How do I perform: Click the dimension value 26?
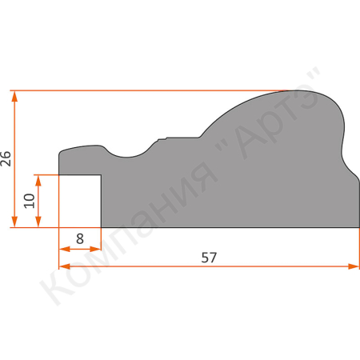(x=6, y=159)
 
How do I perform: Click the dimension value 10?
(x=30, y=201)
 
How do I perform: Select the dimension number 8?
(x=80, y=238)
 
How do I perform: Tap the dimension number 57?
(x=209, y=258)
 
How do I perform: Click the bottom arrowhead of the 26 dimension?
(x=14, y=222)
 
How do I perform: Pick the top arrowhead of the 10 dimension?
(x=38, y=181)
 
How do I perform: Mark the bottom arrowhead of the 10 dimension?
(x=38, y=222)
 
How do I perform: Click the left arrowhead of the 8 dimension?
(x=64, y=250)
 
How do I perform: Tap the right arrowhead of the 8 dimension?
(x=95, y=250)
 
